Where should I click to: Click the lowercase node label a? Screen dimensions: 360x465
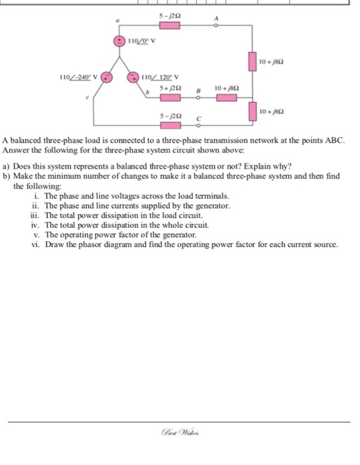pos(118,21)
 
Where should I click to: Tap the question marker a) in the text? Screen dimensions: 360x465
pos(7,167)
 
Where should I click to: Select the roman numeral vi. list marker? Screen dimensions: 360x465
pos(35,244)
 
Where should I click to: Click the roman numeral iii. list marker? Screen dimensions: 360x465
pos(36,216)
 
